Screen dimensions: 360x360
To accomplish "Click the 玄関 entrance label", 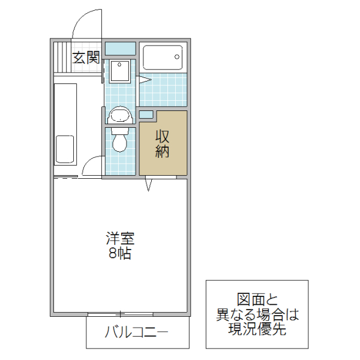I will click(86, 58).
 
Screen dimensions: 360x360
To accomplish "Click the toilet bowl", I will click(121, 141).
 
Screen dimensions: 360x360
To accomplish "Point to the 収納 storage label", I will click(163, 143).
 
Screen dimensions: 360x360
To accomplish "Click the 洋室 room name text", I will click(121, 238).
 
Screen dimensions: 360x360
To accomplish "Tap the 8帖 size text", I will click(121, 253).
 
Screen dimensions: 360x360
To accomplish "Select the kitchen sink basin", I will click(65, 149).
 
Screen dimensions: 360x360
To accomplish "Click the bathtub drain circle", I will click(177, 57).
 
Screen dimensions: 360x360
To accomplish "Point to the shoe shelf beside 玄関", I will click(61, 56).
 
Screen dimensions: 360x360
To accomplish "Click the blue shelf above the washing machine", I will click(121, 48).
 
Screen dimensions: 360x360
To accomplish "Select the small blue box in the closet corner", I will click(146, 114).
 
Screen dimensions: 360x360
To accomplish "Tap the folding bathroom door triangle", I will click(144, 79).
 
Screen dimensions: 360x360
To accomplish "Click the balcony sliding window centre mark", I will click(120, 314).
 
